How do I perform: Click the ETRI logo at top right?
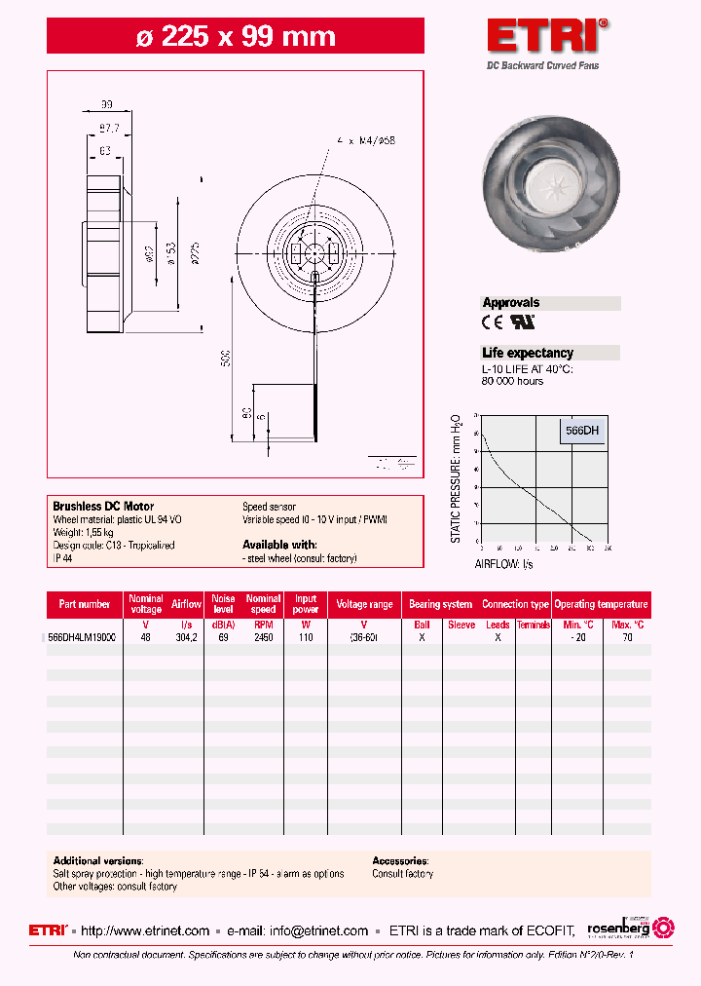[x=548, y=37]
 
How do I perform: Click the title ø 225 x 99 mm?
[x=235, y=37]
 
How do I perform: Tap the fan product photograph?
[x=550, y=186]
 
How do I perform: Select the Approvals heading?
[x=511, y=303]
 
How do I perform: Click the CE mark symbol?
[x=493, y=321]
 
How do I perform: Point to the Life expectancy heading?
[x=528, y=353]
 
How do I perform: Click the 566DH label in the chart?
[x=582, y=430]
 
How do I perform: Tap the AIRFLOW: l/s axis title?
[x=503, y=564]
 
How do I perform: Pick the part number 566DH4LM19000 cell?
[x=83, y=636]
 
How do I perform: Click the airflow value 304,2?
[x=186, y=636]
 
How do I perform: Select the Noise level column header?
[x=224, y=604]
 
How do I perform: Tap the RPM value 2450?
[x=263, y=636]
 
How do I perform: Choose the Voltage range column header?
[x=364, y=604]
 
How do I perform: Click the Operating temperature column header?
[x=602, y=604]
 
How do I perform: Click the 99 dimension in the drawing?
[x=107, y=103]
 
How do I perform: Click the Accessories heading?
[x=400, y=861]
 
